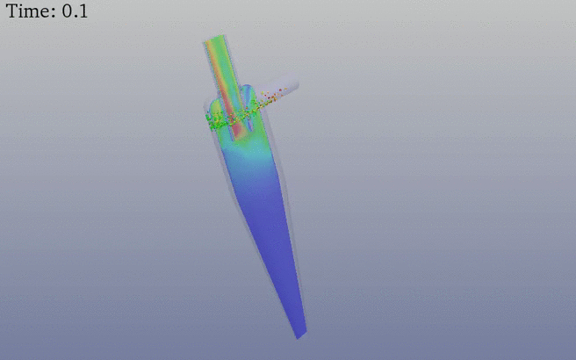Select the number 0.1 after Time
point(75,11)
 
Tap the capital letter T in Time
point(11,11)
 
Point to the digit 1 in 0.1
point(83,11)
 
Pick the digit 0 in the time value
point(67,11)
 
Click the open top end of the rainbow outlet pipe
point(213,39)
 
